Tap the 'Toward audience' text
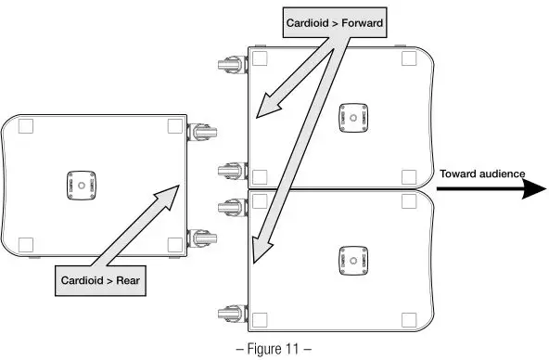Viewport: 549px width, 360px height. coord(482,174)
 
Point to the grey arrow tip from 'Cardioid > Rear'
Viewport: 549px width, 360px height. coord(177,186)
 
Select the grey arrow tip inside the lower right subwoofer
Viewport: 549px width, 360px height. coord(260,251)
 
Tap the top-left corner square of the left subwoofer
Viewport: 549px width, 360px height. coord(25,126)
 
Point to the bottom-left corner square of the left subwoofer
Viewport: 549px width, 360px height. coord(25,244)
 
